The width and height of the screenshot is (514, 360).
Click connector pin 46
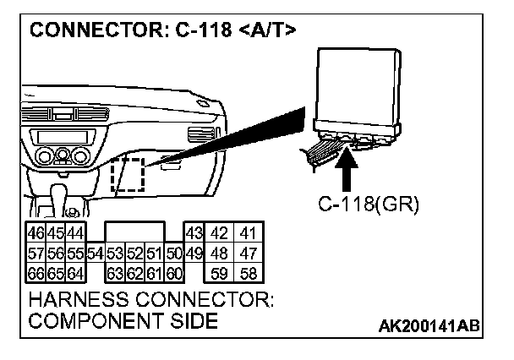click(x=36, y=232)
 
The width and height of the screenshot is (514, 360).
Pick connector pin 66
click(x=36, y=272)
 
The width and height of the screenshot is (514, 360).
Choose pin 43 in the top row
click(x=193, y=232)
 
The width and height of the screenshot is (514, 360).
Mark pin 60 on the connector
click(x=175, y=272)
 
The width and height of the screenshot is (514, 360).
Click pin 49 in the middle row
click(x=193, y=252)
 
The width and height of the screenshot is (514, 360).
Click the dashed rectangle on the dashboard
click(x=128, y=174)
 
